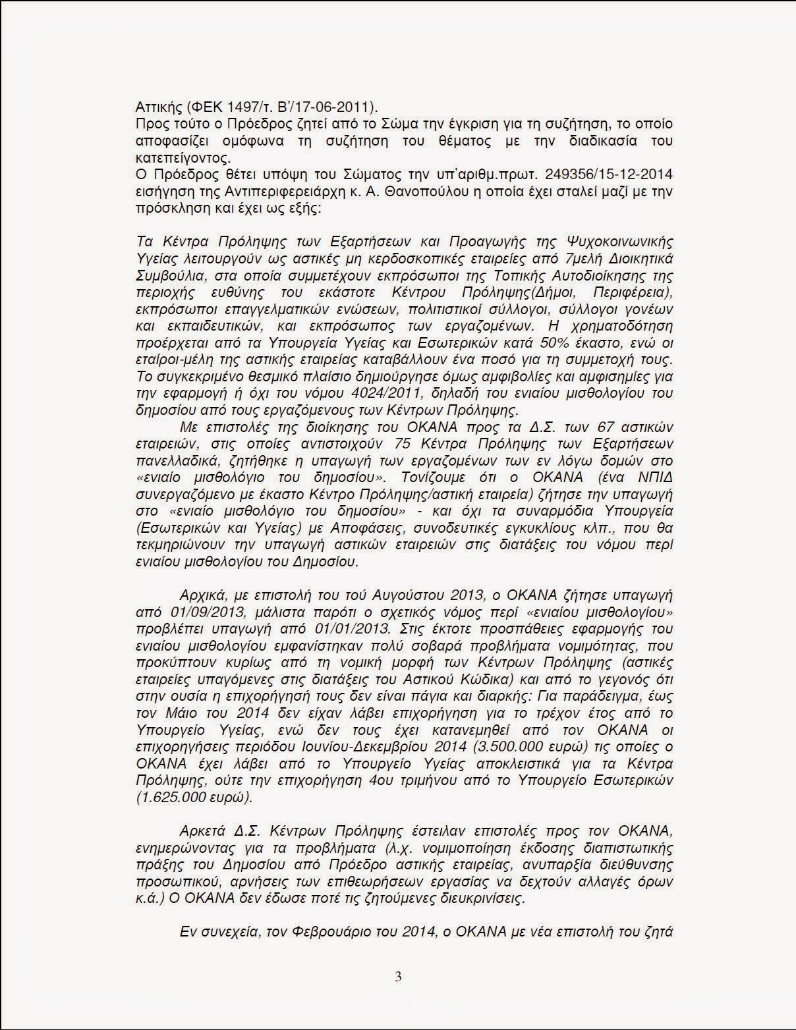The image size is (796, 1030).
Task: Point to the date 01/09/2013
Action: (179, 611)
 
